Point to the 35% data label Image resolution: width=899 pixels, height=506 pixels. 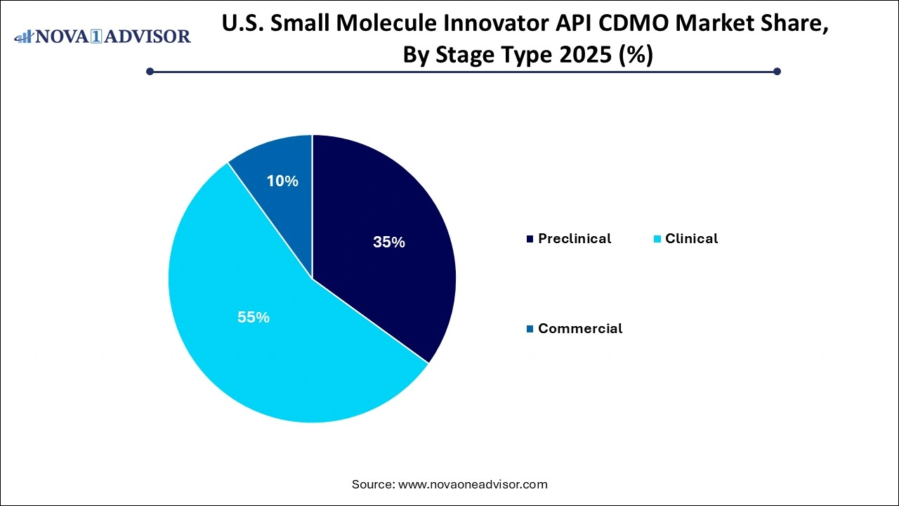(389, 242)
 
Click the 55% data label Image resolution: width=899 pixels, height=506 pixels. (254, 318)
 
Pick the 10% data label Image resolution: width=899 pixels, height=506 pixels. (282, 181)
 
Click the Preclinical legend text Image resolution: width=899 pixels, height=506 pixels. (575, 239)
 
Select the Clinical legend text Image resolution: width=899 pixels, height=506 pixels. (691, 239)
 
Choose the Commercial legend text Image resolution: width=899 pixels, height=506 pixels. (580, 329)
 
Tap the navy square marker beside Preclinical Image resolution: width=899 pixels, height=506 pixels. (530, 239)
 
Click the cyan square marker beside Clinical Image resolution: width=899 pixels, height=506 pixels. (657, 239)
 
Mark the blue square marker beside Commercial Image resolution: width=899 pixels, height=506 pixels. (530, 329)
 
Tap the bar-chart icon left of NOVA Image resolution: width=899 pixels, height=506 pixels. (24, 36)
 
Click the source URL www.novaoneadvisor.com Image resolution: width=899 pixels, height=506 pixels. (472, 484)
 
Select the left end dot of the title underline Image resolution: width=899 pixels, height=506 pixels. (150, 71)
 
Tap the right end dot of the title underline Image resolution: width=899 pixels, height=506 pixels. (777, 71)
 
